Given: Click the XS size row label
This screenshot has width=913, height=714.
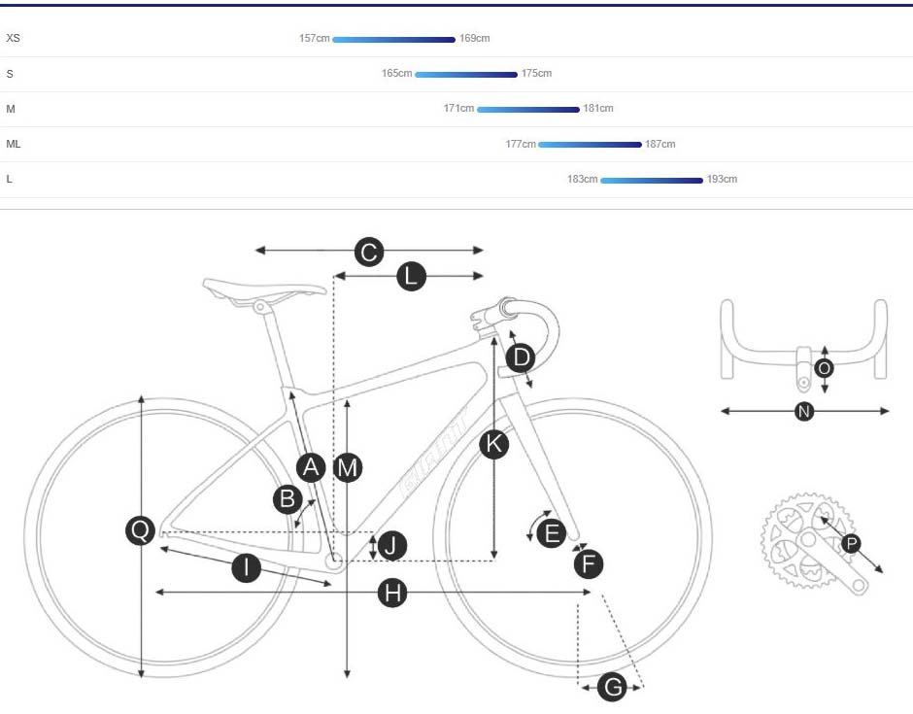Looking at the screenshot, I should point(13,39).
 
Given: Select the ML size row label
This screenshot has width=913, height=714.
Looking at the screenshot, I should point(14,144).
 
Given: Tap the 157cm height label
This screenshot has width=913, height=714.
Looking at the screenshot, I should point(315,39).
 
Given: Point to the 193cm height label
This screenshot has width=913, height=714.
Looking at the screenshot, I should point(722,180).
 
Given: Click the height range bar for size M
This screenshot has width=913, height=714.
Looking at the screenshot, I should point(527,110).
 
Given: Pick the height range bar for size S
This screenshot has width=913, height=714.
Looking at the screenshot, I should point(465,75).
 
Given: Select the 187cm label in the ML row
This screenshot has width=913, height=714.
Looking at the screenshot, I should point(659,144).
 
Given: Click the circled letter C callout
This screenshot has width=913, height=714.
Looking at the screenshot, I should point(368,253).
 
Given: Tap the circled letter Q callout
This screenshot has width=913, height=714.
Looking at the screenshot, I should point(141,530).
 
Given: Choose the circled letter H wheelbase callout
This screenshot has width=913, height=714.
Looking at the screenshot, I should point(391,593).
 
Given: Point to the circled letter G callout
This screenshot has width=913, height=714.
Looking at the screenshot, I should point(613,688).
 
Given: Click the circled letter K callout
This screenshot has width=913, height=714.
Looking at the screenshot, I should point(494,445).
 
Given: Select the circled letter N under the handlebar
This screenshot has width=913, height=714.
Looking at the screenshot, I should point(804,412).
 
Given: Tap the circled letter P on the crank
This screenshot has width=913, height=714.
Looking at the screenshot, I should point(851,544).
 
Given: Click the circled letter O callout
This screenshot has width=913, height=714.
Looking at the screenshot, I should point(825,368).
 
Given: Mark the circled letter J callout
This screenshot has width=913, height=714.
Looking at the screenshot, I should point(391,546).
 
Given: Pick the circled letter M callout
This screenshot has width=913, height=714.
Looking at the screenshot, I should point(347,468).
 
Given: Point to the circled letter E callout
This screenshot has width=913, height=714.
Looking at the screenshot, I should point(552,532).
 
